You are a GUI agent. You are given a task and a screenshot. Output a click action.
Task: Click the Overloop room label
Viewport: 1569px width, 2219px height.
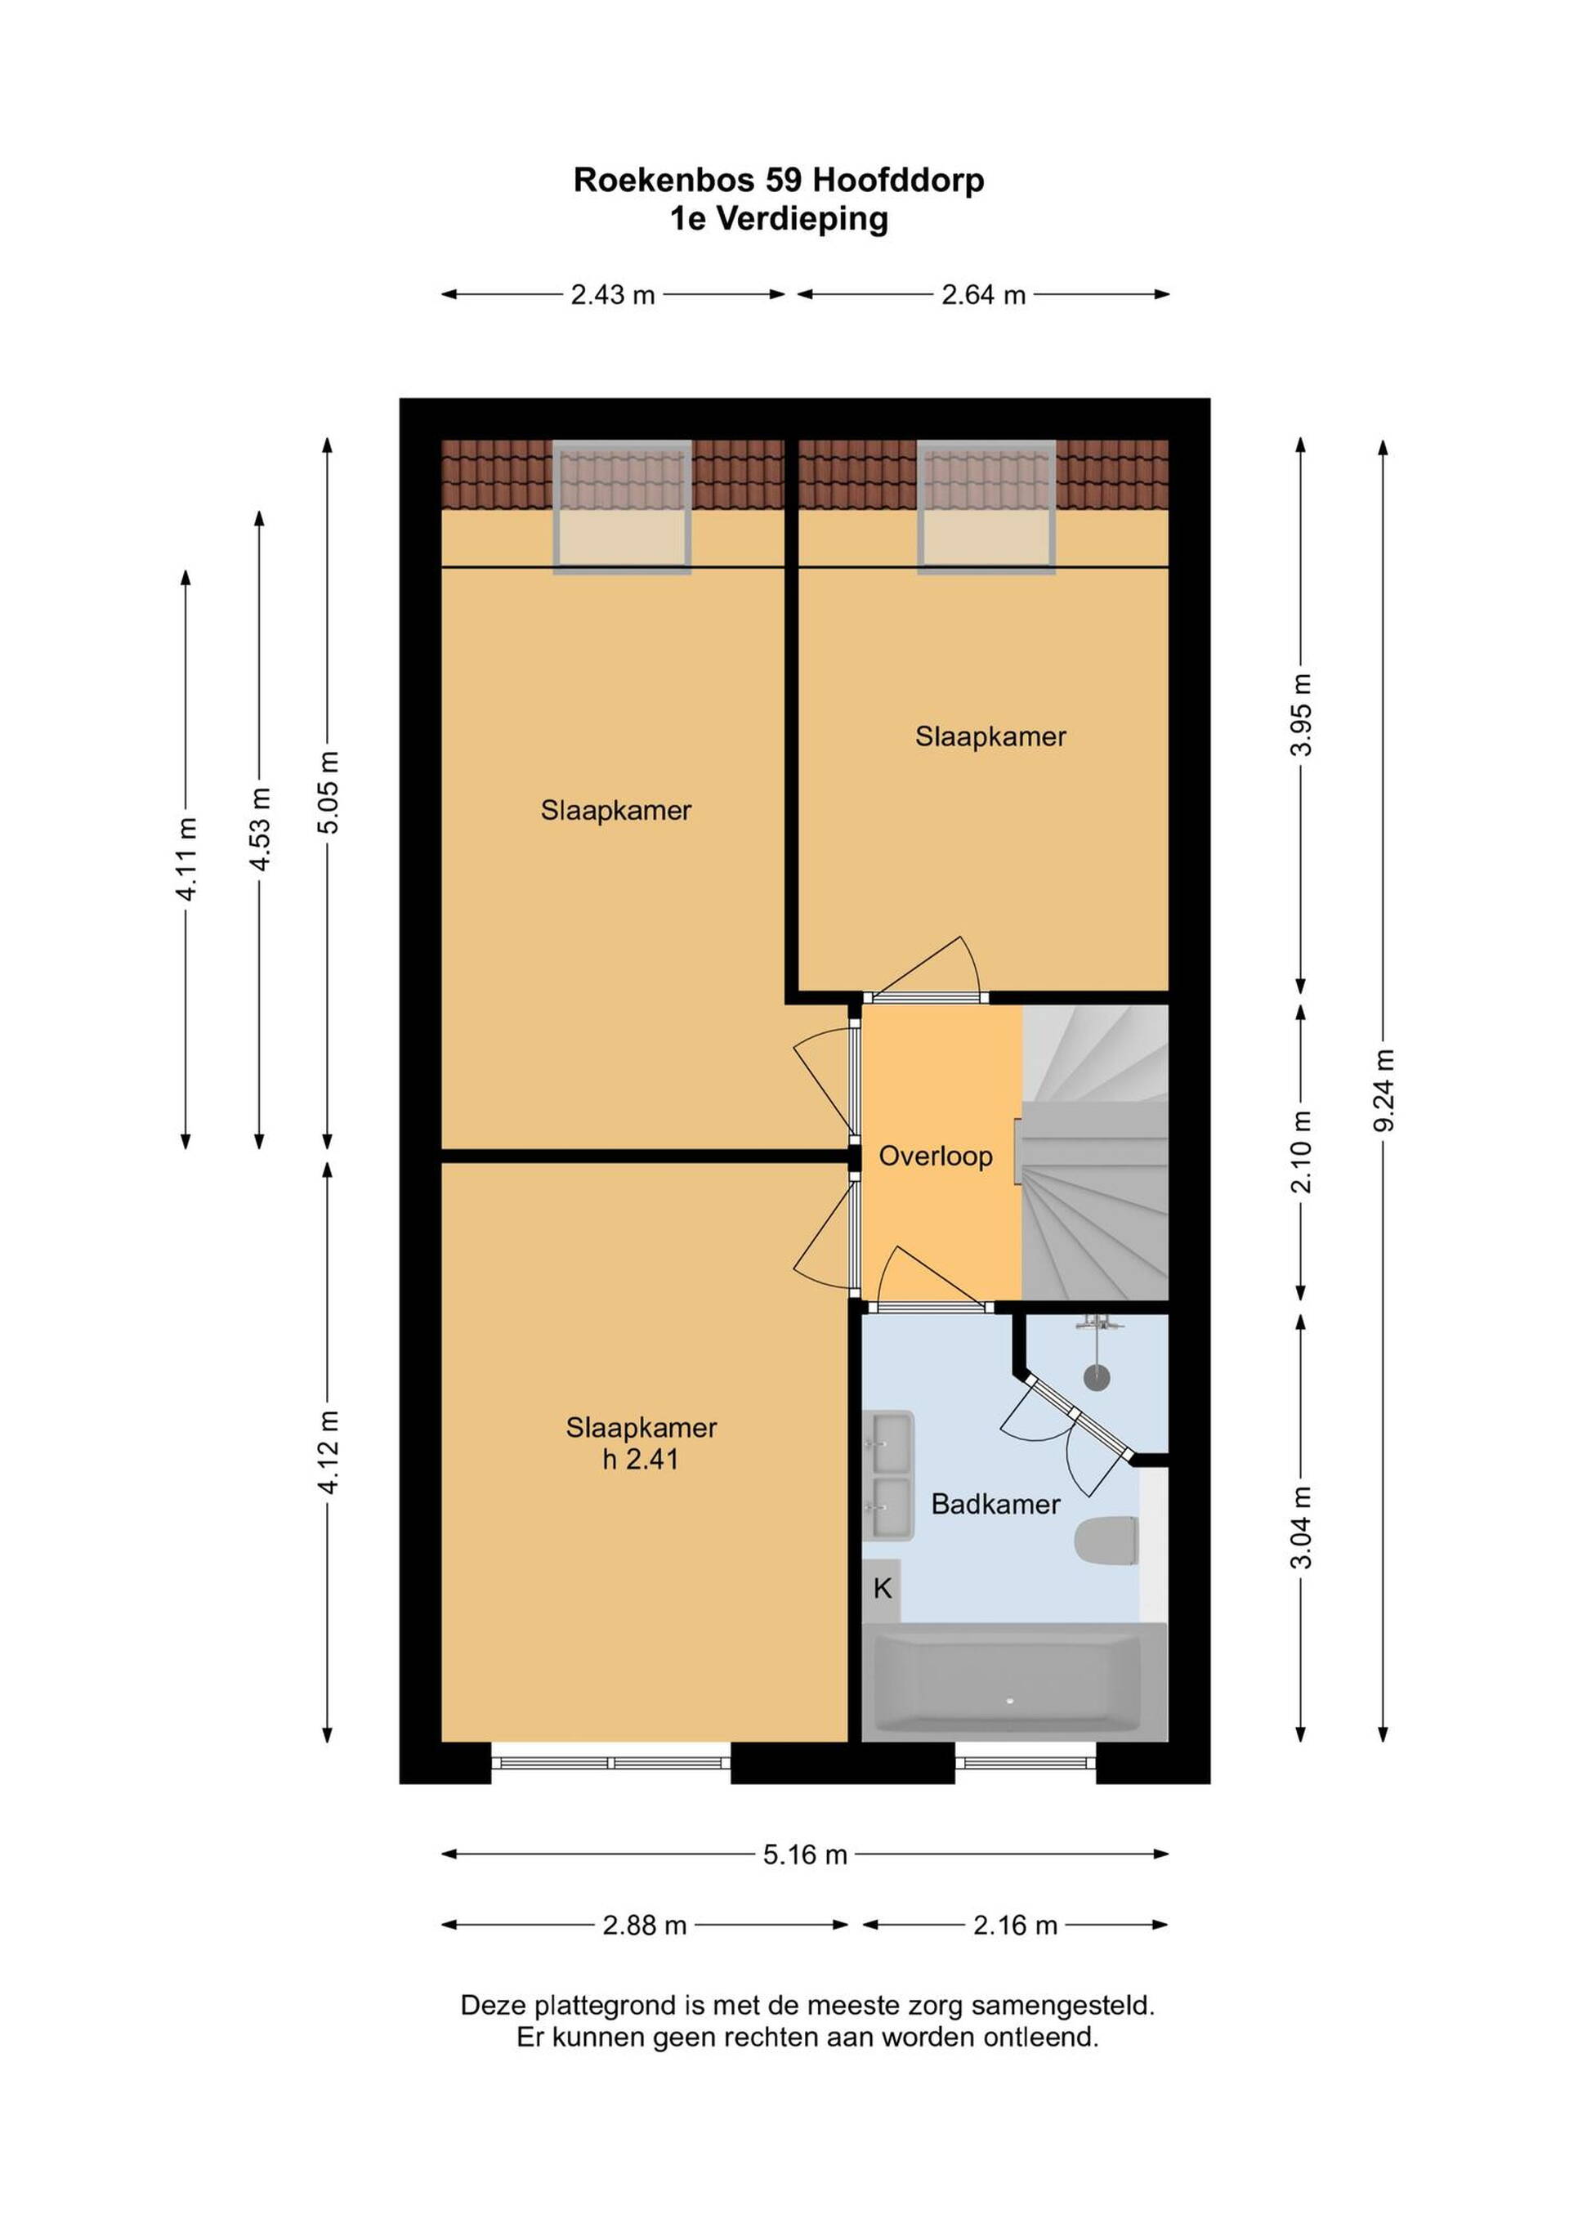click(935, 1156)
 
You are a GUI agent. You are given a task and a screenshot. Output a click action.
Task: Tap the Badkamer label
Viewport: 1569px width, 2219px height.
click(995, 1504)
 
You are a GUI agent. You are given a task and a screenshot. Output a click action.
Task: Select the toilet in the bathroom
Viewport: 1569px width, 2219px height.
click(1106, 1541)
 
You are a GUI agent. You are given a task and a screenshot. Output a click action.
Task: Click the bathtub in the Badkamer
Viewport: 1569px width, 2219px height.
click(1014, 1683)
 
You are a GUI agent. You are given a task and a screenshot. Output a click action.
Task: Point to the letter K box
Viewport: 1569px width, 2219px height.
click(881, 1589)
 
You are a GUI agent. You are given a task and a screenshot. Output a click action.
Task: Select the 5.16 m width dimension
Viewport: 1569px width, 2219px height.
click(805, 1854)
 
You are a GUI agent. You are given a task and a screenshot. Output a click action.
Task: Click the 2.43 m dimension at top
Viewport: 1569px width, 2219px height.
click(613, 295)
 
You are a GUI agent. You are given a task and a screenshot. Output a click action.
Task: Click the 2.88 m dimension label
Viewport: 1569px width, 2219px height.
click(645, 1926)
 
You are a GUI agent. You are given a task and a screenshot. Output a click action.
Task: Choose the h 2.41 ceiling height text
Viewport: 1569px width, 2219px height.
click(641, 1458)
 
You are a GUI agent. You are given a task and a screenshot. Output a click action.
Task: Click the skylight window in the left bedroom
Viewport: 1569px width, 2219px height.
click(621, 508)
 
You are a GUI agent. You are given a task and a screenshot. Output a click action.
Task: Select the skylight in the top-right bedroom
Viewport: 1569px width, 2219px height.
click(986, 508)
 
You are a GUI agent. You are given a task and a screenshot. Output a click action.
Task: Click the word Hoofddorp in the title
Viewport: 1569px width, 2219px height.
click(899, 181)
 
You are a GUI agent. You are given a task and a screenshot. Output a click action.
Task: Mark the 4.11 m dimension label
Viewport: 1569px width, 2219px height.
click(186, 859)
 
